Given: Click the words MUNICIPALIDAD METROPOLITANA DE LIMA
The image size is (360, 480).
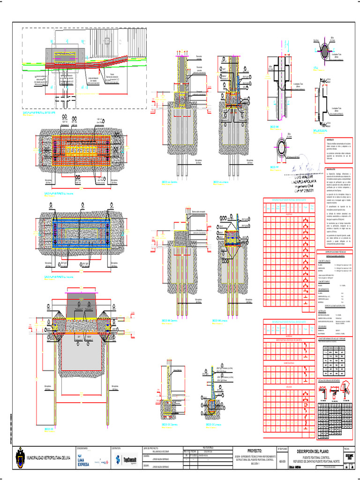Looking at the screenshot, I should [x=48, y=458].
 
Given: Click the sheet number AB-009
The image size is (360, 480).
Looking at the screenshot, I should [x=283, y=461].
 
